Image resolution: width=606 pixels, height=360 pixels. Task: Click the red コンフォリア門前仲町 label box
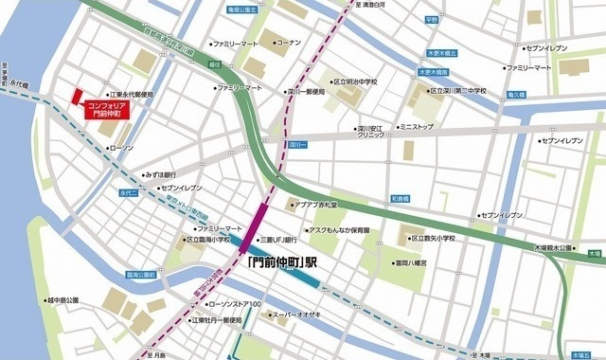click(106, 109)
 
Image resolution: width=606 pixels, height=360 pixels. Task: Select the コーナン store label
click(286, 42)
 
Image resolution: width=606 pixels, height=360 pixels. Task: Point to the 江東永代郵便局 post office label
click(132, 94)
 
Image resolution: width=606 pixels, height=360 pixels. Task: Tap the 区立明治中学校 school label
click(355, 82)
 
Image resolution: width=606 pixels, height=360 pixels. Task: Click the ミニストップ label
click(416, 126)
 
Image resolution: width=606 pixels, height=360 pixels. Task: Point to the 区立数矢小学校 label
click(426, 239)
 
